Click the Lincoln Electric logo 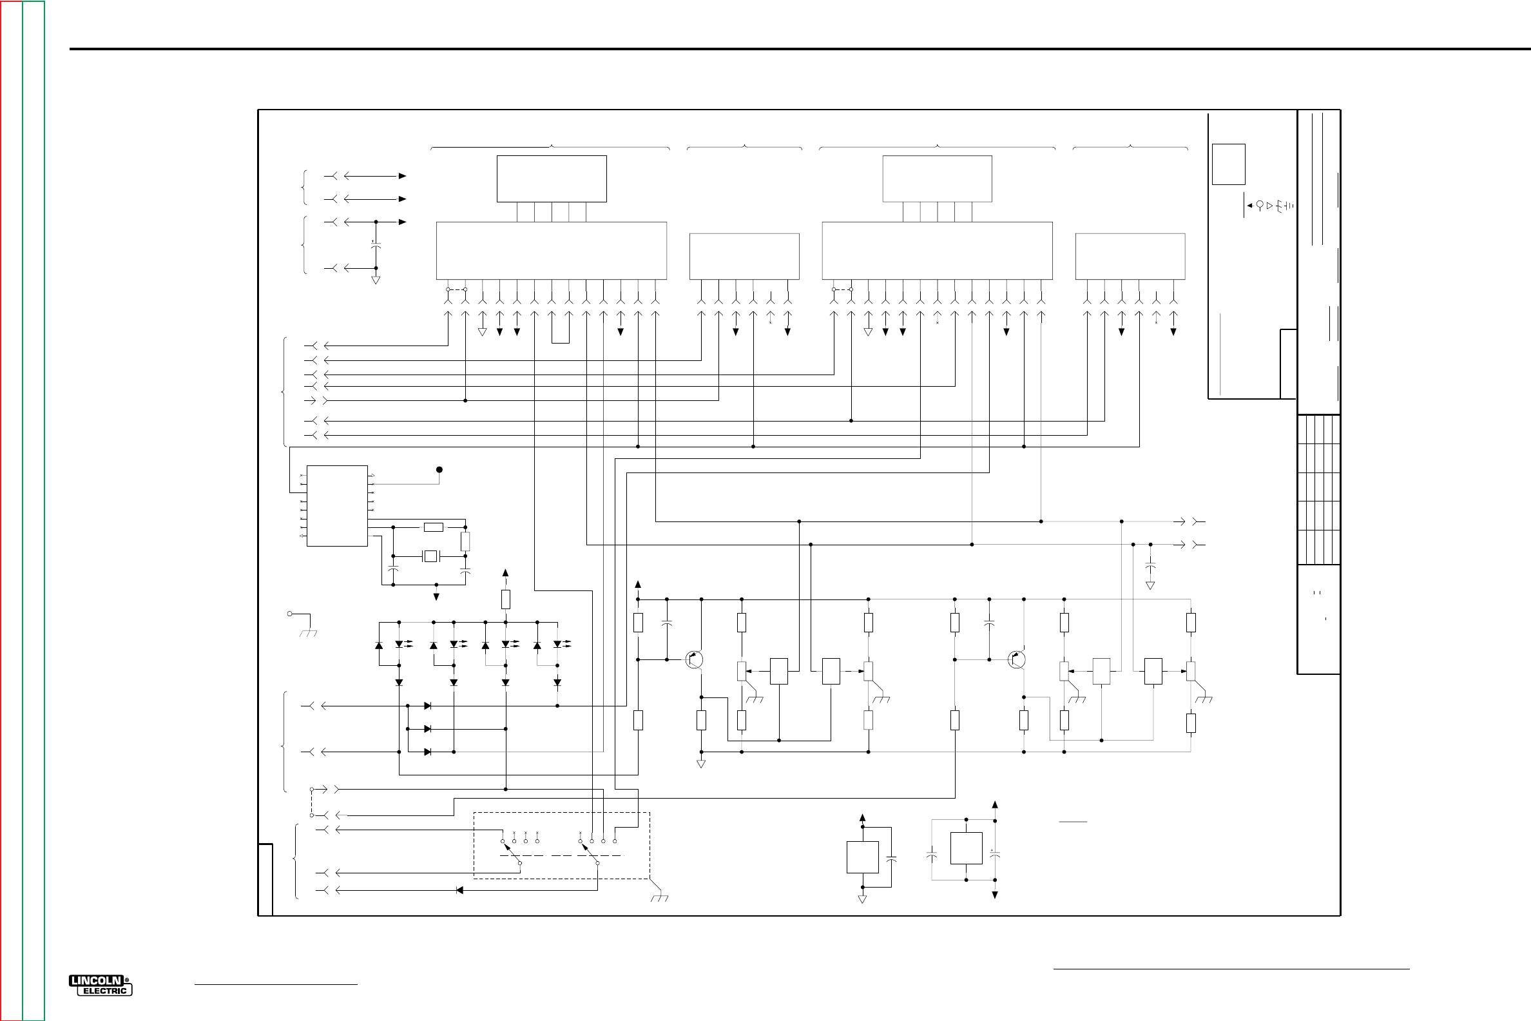click(101, 985)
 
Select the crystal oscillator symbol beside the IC click(430, 556)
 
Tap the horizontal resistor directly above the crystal click(433, 527)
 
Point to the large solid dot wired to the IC click(439, 469)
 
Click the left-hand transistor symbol click(694, 659)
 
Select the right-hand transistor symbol click(1016, 659)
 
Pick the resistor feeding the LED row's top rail click(505, 599)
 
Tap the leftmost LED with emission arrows click(400, 644)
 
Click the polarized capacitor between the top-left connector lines click(376, 245)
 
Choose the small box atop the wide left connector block click(552, 179)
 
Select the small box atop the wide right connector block click(937, 179)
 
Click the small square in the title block click(1228, 164)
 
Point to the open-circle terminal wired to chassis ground click(291, 614)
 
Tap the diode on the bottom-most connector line click(459, 890)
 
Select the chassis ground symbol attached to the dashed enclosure click(659, 897)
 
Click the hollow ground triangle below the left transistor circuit click(701, 764)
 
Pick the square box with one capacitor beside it click(863, 857)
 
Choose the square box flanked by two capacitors click(966, 848)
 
